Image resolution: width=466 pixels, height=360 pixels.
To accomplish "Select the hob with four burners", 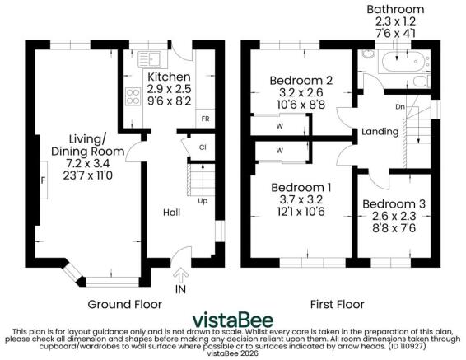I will (x=132, y=97).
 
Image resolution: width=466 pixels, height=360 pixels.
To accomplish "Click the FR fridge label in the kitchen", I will (x=204, y=119).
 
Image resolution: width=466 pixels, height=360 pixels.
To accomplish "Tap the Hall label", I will (x=170, y=212).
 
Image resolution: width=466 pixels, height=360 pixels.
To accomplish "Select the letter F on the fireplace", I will (x=43, y=179).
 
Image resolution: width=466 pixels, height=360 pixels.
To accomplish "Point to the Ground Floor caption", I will (x=124, y=303).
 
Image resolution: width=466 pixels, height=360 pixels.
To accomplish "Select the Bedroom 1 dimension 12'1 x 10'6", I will (x=301, y=211).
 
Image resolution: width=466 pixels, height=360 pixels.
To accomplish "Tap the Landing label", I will (x=380, y=132).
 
